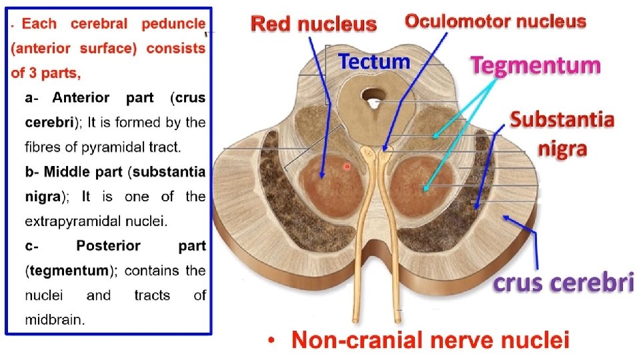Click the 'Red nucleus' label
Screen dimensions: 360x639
[313, 25]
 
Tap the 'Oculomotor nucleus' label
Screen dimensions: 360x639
[496, 21]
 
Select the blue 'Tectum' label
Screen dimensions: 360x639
[374, 62]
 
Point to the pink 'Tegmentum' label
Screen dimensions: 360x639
[536, 65]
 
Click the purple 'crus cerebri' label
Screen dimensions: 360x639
[563, 283]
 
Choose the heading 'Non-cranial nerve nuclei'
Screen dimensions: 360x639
[430, 341]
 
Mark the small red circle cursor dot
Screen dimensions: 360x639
[347, 166]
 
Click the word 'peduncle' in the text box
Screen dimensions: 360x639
[173, 24]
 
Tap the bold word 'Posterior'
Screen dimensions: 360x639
[108, 245]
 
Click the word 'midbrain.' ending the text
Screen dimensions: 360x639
[55, 319]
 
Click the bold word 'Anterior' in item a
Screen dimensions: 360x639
[81, 98]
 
